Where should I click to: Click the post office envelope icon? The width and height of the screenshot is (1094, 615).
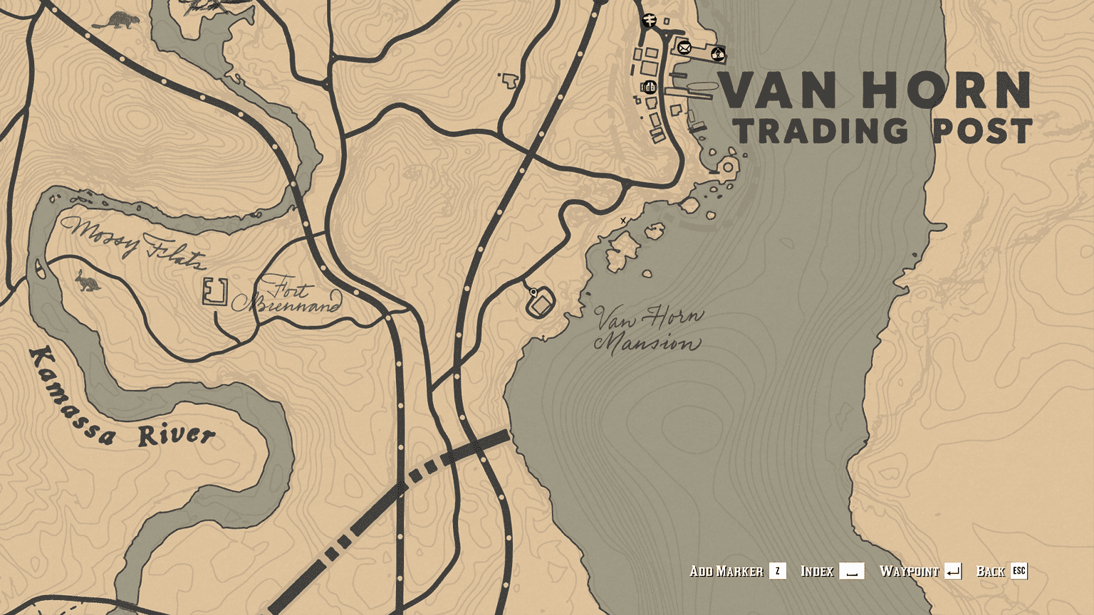[x=684, y=48]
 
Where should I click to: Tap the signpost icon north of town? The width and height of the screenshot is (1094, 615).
[x=648, y=20]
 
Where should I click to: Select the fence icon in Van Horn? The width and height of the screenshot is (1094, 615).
[x=649, y=88]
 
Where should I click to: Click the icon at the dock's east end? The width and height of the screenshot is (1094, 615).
[x=718, y=53]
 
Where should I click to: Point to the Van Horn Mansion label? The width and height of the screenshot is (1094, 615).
[x=647, y=329]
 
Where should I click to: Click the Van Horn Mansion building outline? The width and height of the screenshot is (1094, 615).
[x=541, y=305]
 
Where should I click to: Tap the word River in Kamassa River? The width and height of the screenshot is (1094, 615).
[x=177, y=435]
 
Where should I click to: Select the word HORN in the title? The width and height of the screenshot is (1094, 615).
[x=947, y=90]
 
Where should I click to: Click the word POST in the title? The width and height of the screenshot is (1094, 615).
[x=983, y=132]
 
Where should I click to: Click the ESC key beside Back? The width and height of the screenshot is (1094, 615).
[x=1019, y=571]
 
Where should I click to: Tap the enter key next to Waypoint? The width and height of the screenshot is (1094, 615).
[x=953, y=571]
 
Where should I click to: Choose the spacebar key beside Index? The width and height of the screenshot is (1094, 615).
[x=851, y=571]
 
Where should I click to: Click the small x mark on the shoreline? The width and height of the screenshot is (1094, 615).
[x=623, y=221]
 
